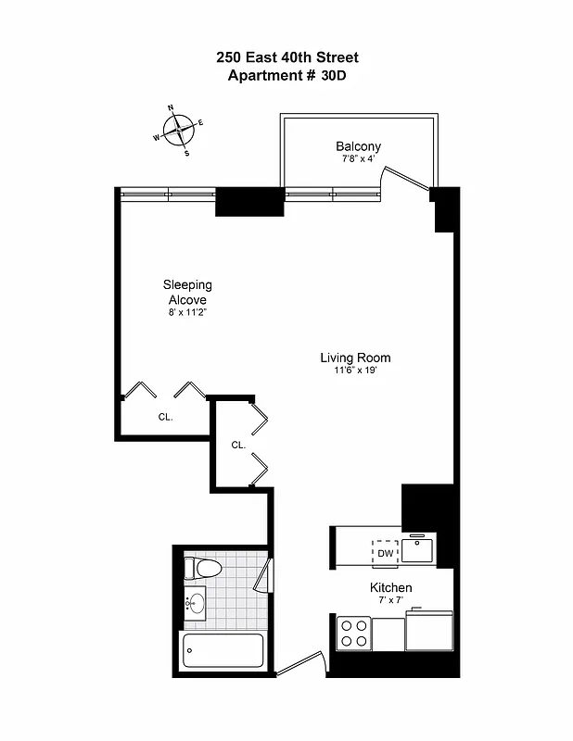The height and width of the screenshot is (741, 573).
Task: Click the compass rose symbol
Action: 179,129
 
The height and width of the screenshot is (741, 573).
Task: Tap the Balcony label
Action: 358,146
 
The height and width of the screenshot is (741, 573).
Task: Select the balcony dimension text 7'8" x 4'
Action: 358,159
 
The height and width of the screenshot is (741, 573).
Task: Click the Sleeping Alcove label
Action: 187,293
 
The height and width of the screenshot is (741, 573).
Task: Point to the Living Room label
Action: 355,358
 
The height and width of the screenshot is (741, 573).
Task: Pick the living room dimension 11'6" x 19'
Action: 355,370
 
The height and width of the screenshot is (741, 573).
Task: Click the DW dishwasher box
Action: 386,553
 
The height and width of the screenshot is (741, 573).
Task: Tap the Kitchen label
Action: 390,588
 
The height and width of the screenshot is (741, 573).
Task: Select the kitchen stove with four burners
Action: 354,633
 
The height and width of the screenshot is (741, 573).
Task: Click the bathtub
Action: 223,649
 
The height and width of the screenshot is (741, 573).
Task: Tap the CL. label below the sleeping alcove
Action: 165,417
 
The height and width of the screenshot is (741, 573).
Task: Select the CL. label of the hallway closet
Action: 238,445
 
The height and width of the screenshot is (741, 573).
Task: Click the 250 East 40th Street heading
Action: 286,57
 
